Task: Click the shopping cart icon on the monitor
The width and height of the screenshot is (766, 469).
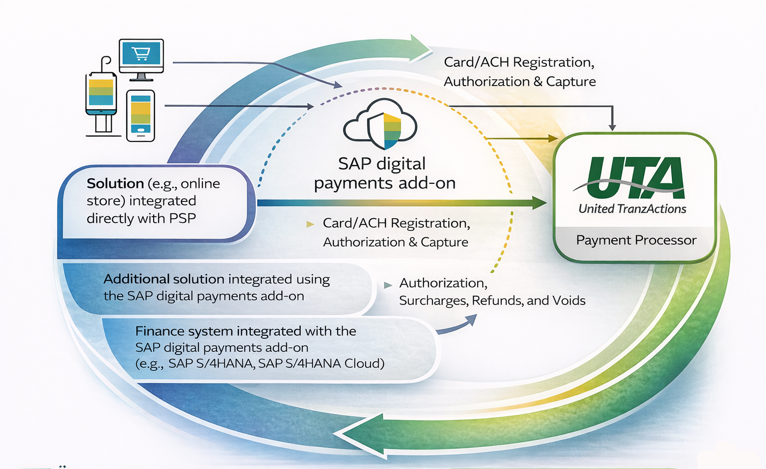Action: [141, 53]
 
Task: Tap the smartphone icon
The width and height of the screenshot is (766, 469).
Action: [141, 116]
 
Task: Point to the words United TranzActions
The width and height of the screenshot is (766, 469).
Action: [632, 209]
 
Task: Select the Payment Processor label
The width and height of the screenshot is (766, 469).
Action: [636, 240]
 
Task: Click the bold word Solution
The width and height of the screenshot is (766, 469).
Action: [115, 183]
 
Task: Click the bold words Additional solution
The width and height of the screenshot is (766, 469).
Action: [164, 279]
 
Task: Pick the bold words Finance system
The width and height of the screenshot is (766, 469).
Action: [184, 331]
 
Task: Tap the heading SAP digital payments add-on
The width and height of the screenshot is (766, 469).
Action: [384, 173]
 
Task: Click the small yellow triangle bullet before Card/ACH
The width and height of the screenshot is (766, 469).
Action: [310, 224]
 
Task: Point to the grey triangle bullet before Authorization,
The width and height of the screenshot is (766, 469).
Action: [387, 285]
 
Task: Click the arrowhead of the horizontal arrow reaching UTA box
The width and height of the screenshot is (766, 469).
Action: [540, 203]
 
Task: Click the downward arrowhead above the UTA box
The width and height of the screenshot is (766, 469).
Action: [612, 127]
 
